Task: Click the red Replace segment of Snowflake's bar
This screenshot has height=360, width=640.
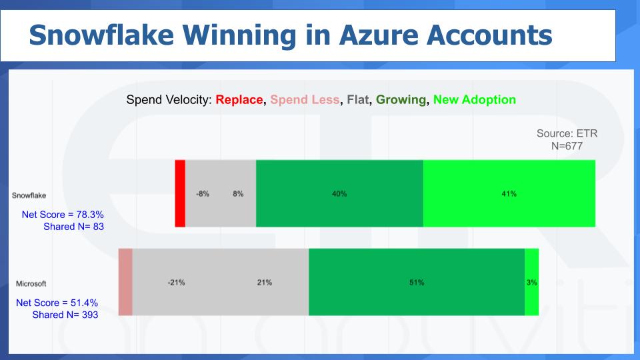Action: pos(180,193)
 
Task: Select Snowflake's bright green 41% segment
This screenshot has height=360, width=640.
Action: pos(509,193)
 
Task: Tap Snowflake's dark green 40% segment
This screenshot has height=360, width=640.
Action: pos(339,193)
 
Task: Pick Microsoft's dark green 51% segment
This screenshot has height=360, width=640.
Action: pos(416,282)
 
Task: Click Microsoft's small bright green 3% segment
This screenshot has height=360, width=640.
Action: pos(531,282)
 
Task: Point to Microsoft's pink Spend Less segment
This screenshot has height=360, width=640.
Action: pos(125,282)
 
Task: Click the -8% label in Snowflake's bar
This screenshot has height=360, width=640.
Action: pos(203,194)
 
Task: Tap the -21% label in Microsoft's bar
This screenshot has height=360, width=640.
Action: pos(176,283)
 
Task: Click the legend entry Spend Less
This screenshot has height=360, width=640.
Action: pos(305,100)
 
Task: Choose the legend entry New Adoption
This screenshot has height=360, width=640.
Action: pos(474,100)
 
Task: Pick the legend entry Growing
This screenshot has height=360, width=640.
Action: pos(401,100)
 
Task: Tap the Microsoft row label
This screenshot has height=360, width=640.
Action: pos(31,284)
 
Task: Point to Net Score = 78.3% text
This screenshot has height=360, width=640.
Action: pos(63,215)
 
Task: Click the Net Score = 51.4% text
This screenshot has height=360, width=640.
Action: pos(57,303)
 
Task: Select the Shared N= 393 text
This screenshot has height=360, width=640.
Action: pos(65,315)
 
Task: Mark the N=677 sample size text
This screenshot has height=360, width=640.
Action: pos(567,146)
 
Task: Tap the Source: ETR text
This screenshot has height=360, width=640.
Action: pos(567,133)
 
